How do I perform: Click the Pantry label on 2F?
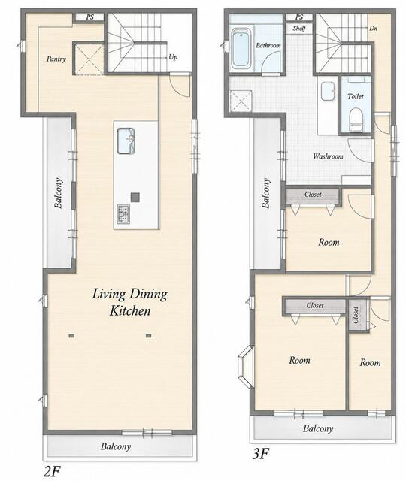click(x=56, y=59)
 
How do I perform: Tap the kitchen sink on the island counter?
click(x=126, y=141)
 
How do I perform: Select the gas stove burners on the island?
click(x=123, y=214)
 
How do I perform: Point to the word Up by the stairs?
click(x=173, y=57)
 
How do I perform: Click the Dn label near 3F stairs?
click(x=373, y=29)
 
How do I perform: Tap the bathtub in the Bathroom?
click(x=241, y=48)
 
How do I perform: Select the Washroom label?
click(x=328, y=156)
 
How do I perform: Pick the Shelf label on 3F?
click(x=299, y=29)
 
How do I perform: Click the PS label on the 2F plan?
click(x=90, y=17)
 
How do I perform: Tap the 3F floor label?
click(x=261, y=453)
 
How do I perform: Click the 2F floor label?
click(x=53, y=471)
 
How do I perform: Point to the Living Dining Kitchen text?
click(x=130, y=302)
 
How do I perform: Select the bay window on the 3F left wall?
click(x=246, y=367)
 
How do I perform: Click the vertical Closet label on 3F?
click(x=356, y=315)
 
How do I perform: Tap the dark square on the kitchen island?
click(x=135, y=197)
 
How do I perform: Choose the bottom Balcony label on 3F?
click(x=318, y=428)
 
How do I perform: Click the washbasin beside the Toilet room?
click(x=328, y=91)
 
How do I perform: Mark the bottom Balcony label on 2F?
click(x=116, y=446)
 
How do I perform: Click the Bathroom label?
click(x=268, y=45)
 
